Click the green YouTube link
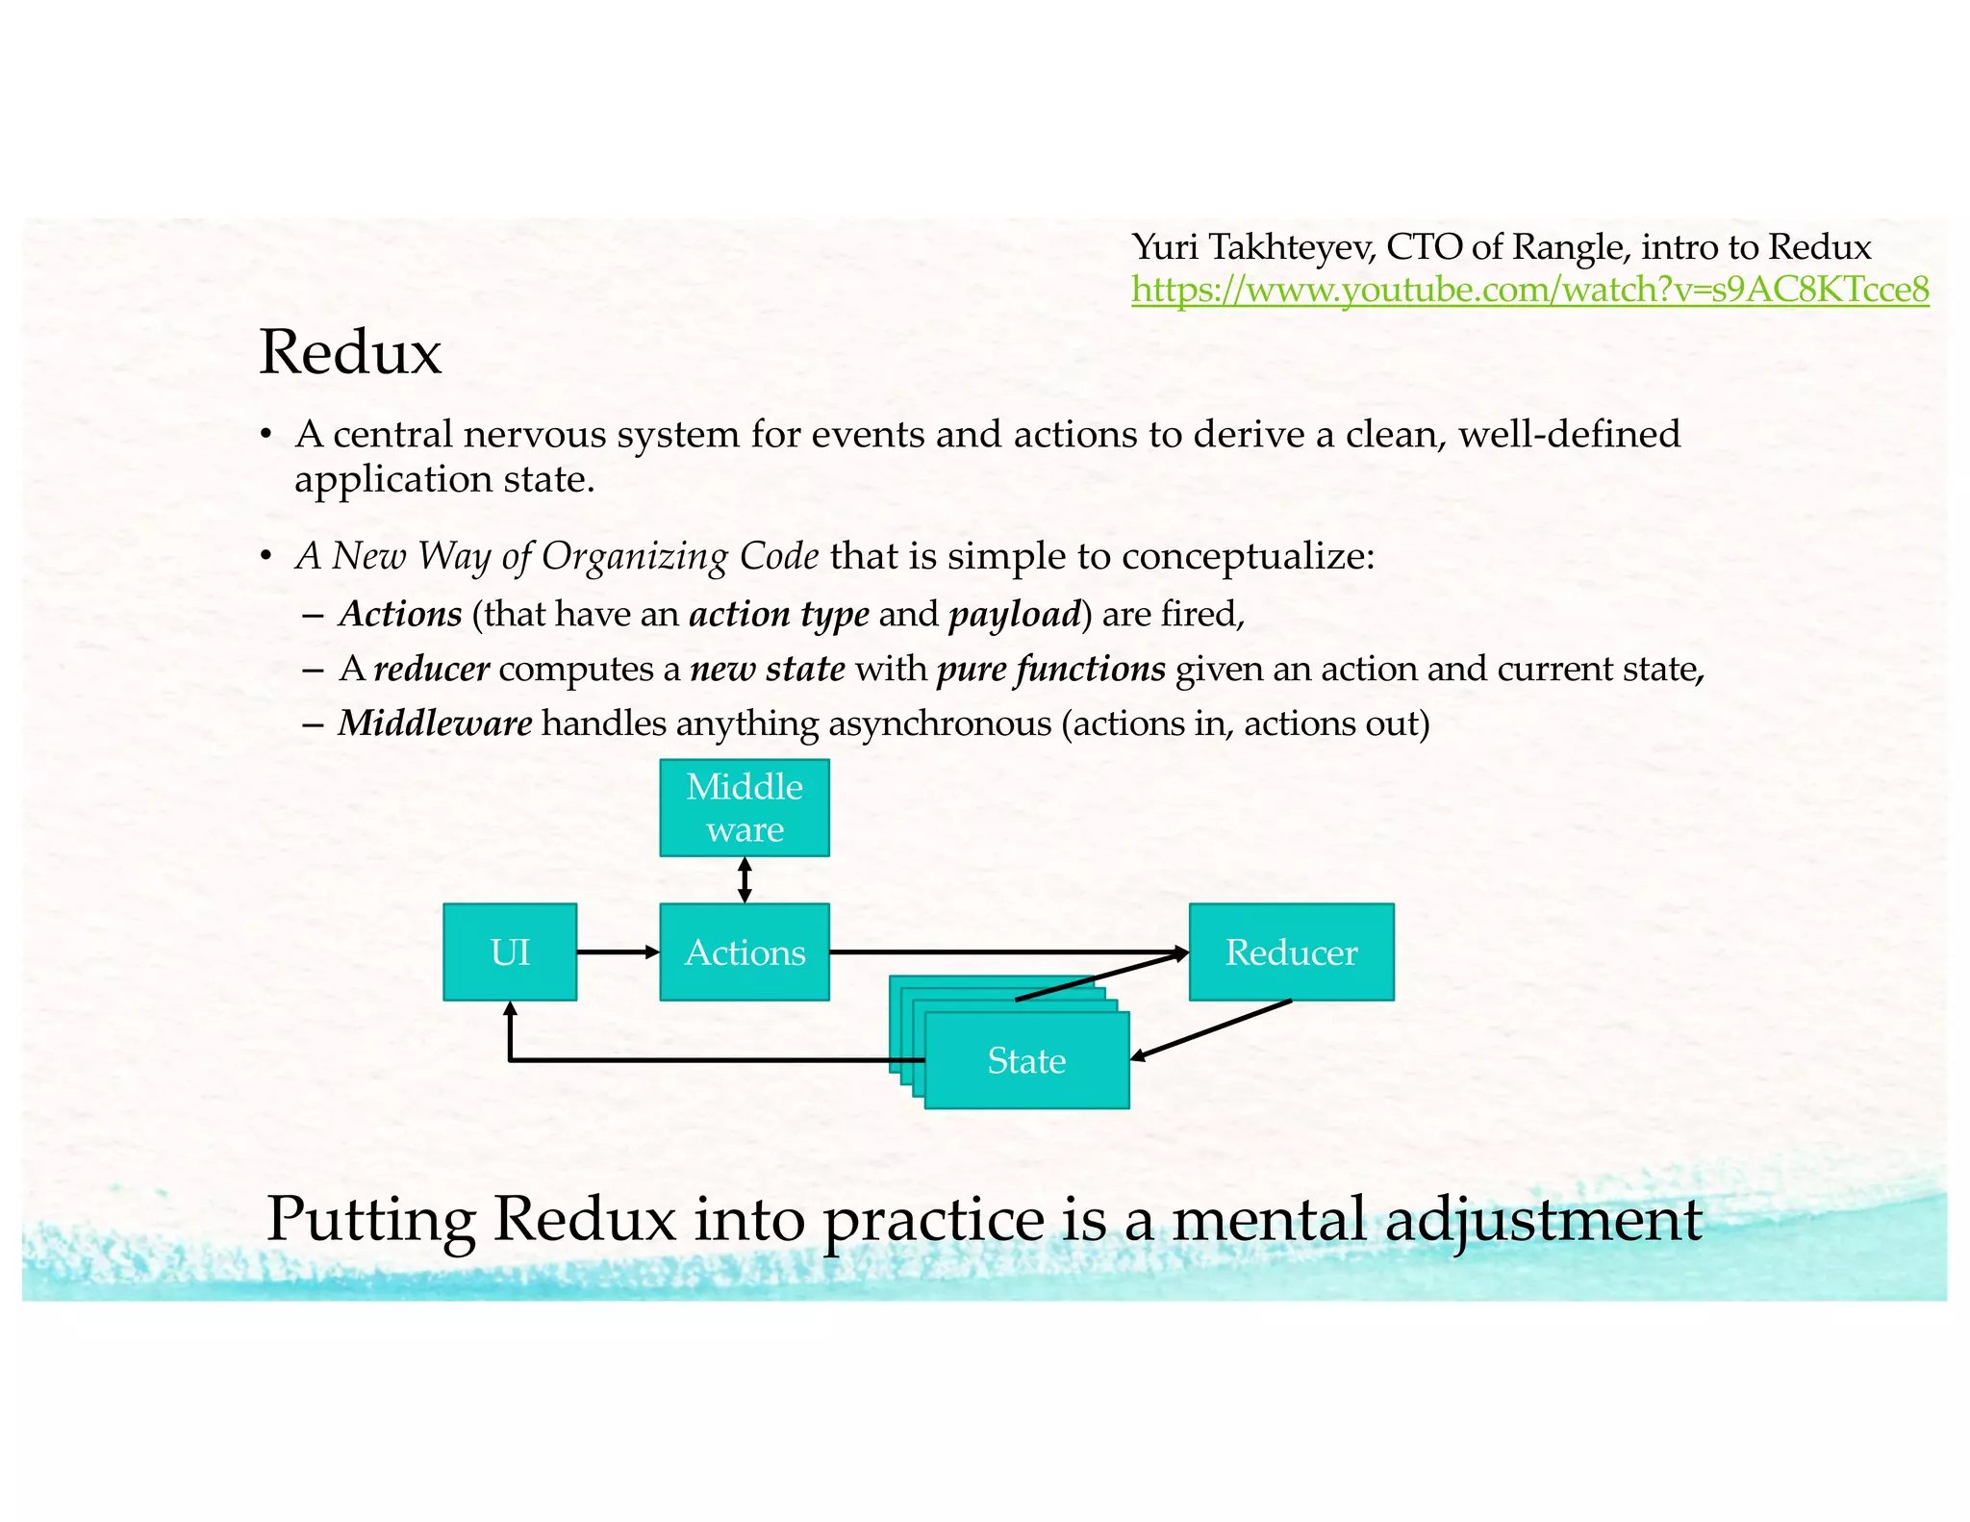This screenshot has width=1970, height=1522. click(1529, 290)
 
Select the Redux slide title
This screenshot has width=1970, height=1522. click(350, 352)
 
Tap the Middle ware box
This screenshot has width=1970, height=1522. click(745, 808)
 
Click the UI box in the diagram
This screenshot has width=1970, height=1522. click(510, 952)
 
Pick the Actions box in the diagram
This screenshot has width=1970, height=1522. click(745, 952)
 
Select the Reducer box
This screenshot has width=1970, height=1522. click(1291, 952)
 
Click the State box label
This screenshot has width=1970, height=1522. click(1026, 1061)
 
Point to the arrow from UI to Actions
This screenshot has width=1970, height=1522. click(618, 952)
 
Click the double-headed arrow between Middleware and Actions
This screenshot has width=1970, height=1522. click(745, 880)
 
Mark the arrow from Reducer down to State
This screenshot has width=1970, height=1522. click(1212, 1029)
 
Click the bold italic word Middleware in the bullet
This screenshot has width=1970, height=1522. click(435, 723)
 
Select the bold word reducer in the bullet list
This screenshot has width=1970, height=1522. click(431, 669)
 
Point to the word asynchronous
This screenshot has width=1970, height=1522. click(940, 723)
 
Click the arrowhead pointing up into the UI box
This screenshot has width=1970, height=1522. click(510, 1008)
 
